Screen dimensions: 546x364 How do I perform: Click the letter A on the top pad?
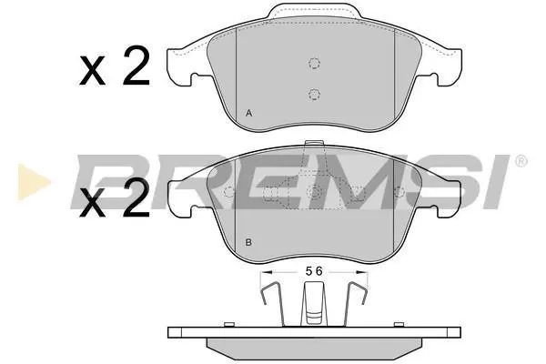248,113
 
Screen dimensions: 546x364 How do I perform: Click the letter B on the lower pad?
248,242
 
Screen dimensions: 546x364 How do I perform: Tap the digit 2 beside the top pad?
136,66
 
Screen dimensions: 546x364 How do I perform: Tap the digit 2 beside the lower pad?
136,197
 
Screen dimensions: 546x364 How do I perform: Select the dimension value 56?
315,271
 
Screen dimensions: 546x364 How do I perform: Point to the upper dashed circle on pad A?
315,63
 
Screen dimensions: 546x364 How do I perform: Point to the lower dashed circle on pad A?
314,94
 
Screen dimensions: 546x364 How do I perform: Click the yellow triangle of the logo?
34,182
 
